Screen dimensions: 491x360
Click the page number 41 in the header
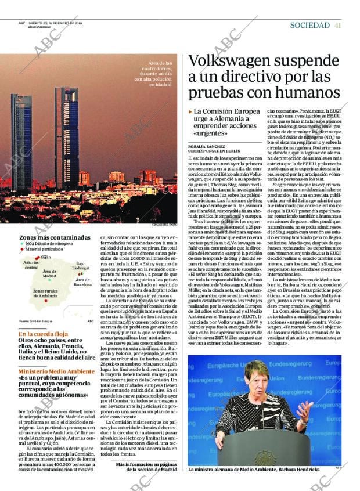pos(338,25)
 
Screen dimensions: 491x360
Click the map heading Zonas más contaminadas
pos(55,237)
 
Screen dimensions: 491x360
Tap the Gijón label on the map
pos(46,257)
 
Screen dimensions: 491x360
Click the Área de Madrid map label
pos(49,273)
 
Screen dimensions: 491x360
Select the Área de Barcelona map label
pos(83,283)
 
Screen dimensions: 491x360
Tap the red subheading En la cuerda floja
pos(43,334)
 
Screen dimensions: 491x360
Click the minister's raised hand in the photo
pos(301,408)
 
